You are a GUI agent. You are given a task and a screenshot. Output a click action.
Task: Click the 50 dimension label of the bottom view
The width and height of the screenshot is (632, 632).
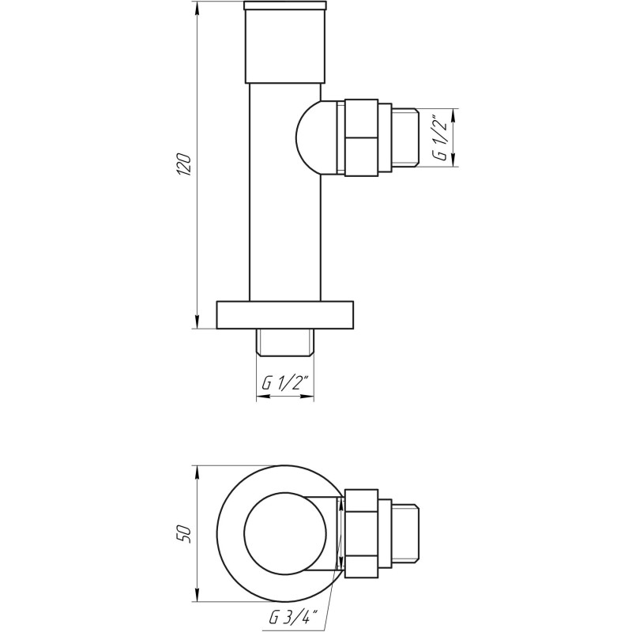click(183, 533)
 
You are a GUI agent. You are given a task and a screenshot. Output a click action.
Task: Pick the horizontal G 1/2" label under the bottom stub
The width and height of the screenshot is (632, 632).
click(286, 385)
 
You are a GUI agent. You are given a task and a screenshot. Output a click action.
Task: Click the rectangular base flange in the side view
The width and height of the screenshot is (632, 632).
click(285, 314)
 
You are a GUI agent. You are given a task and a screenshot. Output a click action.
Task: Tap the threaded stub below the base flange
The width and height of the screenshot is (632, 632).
click(285, 341)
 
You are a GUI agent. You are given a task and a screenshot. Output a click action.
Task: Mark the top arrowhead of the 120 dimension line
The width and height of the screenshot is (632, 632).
click(195, 7)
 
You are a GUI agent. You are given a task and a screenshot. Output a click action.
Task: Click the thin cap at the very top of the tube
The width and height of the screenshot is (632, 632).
click(285, 6)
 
